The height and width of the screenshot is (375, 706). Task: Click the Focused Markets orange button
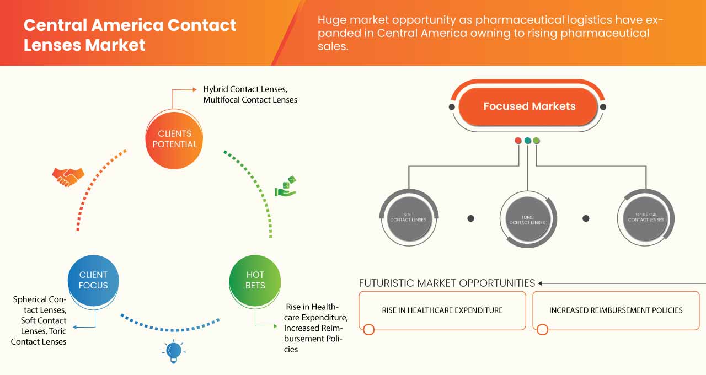[529, 106]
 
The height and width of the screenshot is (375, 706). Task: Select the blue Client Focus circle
[93, 280]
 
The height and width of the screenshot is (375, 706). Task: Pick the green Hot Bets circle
[255, 280]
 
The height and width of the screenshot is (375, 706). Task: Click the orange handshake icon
[68, 176]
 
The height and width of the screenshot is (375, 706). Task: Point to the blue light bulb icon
[174, 351]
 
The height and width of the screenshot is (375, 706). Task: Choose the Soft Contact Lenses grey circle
[408, 217]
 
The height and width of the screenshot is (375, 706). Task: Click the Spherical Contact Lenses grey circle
[645, 217]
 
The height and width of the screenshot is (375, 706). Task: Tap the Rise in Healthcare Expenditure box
[442, 310]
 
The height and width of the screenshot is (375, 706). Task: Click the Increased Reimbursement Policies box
[616, 310]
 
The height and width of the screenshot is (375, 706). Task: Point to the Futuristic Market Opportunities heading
[447, 283]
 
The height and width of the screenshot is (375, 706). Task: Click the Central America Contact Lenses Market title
[130, 34]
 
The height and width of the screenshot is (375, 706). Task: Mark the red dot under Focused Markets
[518, 141]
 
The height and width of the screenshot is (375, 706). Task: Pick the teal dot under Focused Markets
[527, 141]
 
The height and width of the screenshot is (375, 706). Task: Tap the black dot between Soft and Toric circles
[470, 218]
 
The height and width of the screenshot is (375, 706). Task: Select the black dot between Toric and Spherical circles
[586, 218]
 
